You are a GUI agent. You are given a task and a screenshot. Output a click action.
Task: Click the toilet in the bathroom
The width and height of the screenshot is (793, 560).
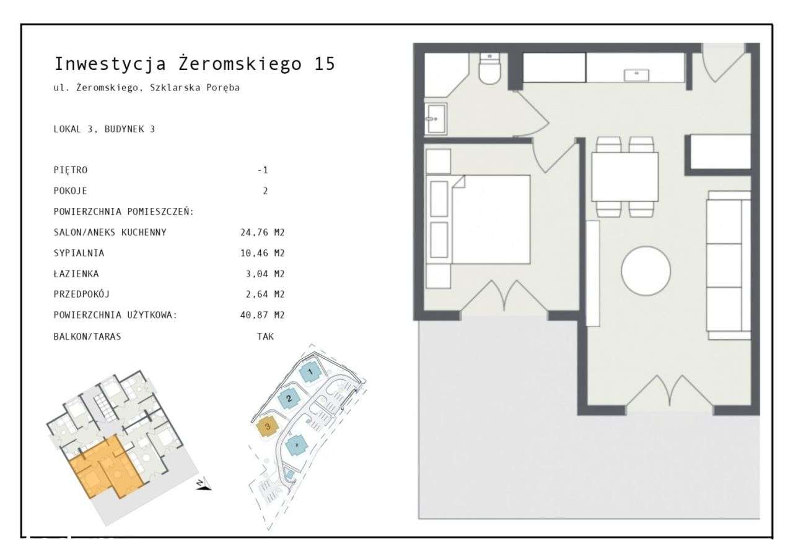pyautogui.click(x=489, y=70)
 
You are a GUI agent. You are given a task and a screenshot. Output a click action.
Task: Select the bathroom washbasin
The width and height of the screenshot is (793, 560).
pyautogui.click(x=436, y=118)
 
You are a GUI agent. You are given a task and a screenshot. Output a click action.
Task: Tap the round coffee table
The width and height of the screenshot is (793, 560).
pyautogui.click(x=646, y=271)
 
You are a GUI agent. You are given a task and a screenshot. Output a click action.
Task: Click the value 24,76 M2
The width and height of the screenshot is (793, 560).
pyautogui.click(x=258, y=233)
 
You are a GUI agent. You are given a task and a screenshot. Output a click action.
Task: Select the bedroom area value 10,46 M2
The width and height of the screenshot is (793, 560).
pyautogui.click(x=258, y=253)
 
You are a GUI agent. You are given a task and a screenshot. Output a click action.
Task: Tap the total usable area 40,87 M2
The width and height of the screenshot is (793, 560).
pyautogui.click(x=258, y=315)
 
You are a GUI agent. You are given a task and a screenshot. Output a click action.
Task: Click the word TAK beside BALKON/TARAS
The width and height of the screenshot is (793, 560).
pyautogui.click(x=265, y=337)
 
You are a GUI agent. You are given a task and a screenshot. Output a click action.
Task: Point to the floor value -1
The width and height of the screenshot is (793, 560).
pyautogui.click(x=263, y=170)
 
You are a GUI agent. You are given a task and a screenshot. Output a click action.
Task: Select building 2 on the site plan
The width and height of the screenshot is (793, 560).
pyautogui.click(x=288, y=399)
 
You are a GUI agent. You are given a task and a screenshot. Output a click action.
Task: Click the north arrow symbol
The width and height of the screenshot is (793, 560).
pyautogui.click(x=203, y=485)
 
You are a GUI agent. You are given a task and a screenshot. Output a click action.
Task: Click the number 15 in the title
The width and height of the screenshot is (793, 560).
pyautogui.click(x=324, y=64)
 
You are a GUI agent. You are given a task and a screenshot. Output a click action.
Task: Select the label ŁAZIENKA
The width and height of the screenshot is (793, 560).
pyautogui.click(x=77, y=274)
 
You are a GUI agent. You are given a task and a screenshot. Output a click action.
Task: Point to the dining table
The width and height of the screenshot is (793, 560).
pyautogui.click(x=624, y=176)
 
